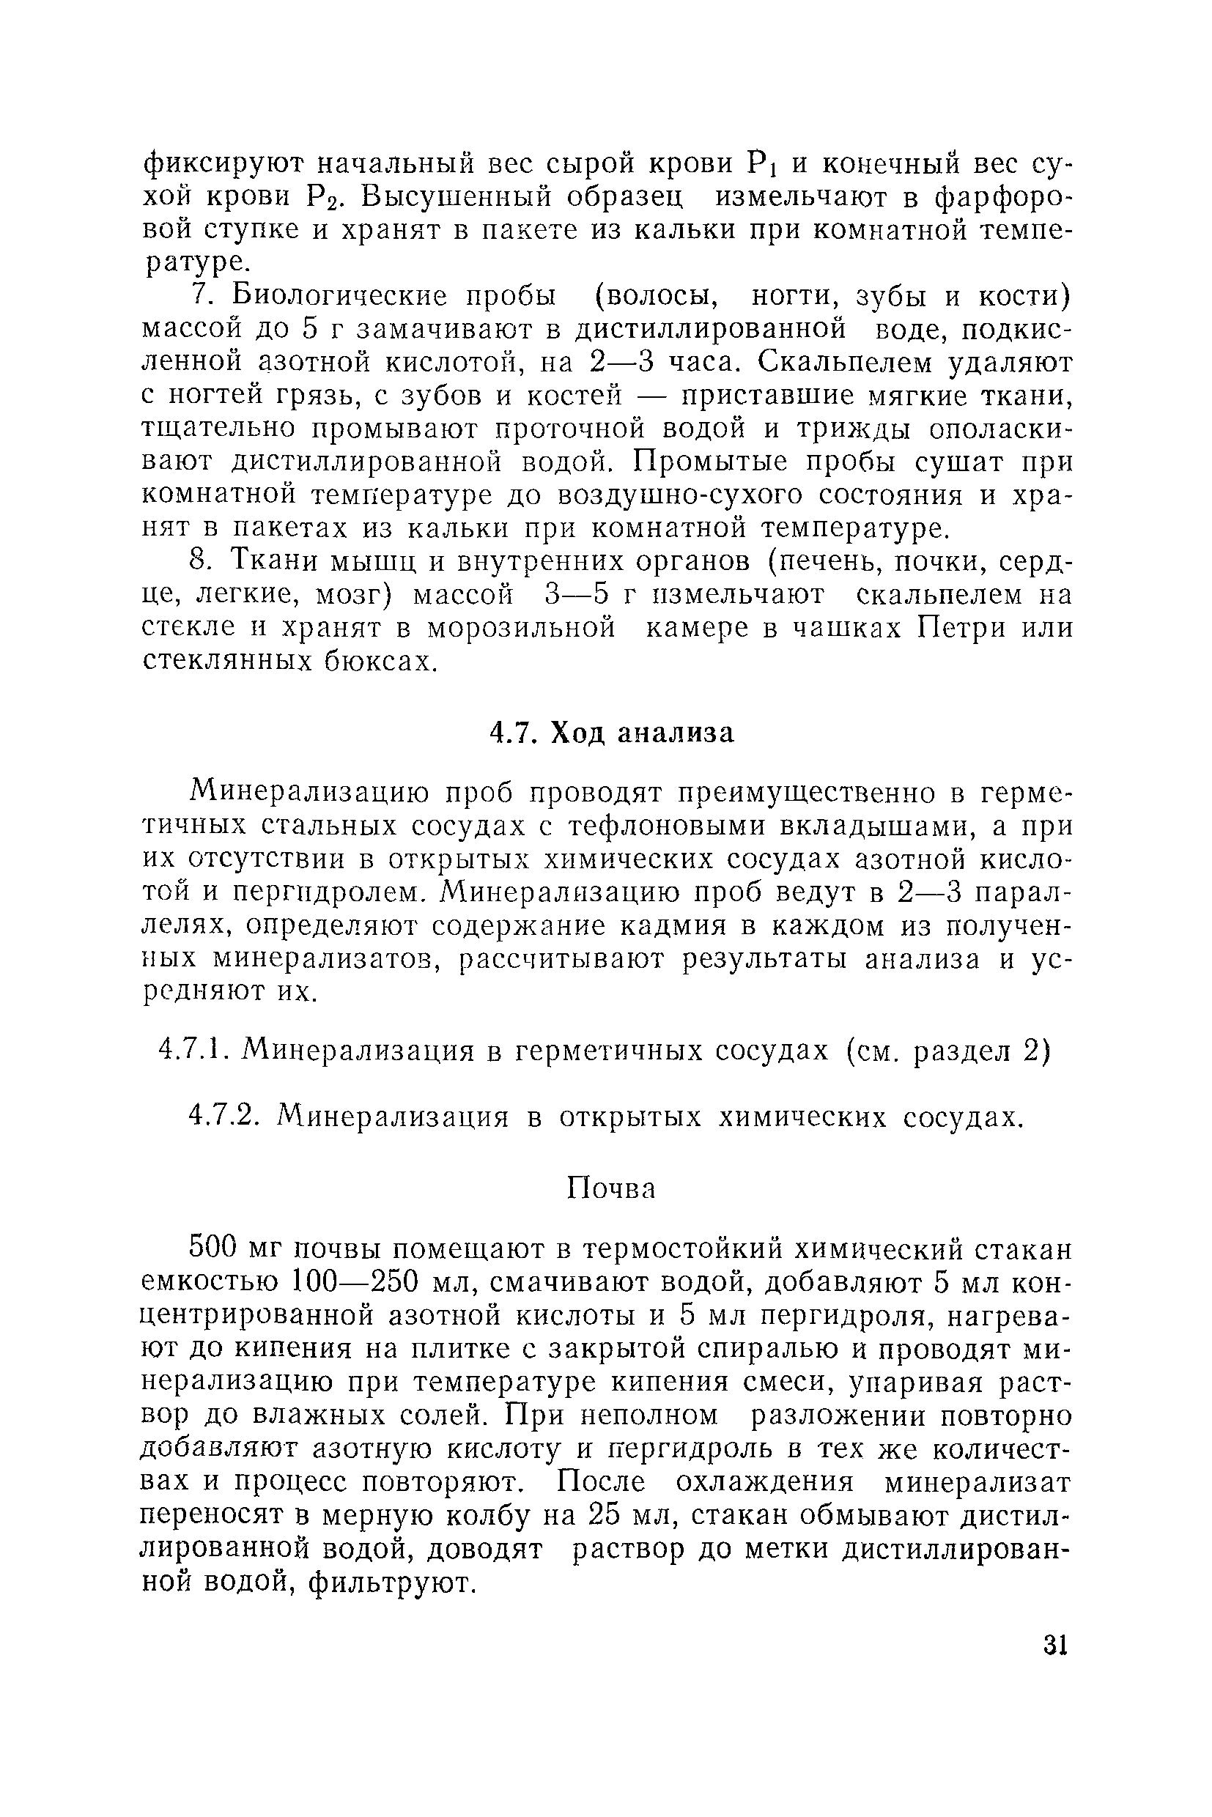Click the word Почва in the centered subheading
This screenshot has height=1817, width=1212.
coord(610,1188)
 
